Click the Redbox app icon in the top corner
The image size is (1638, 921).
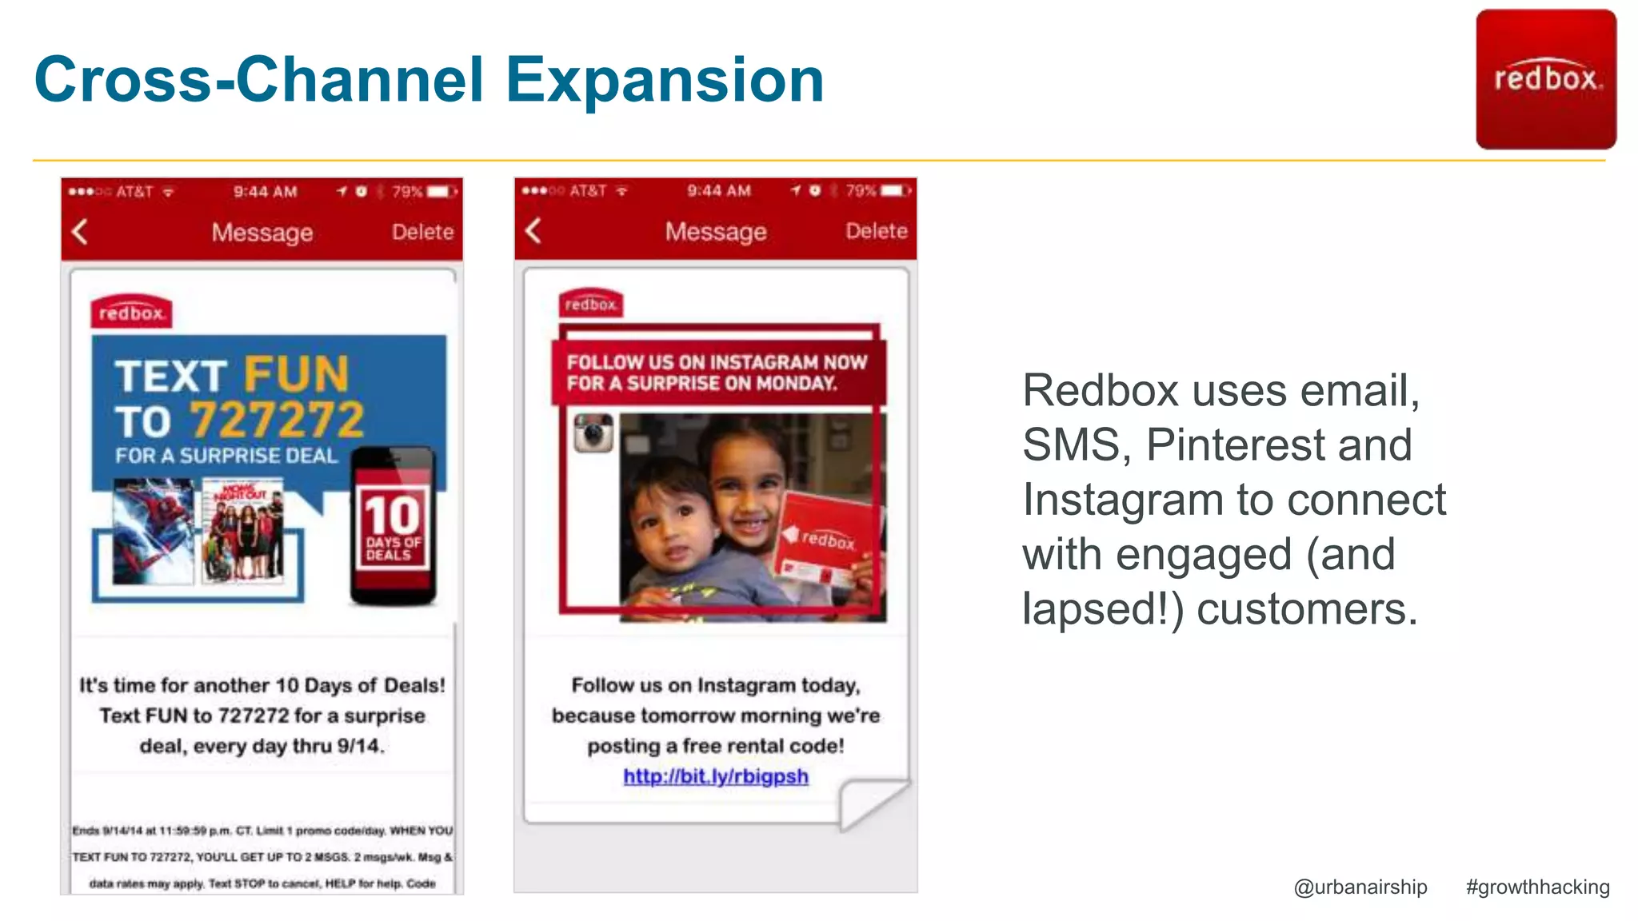click(1545, 79)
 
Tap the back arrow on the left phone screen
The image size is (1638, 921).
click(79, 232)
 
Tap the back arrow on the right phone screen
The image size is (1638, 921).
click(533, 231)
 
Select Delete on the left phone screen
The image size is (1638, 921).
click(422, 232)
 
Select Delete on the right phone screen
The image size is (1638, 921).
click(877, 231)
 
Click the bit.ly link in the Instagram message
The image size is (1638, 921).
click(716, 776)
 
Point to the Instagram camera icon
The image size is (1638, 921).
click(593, 433)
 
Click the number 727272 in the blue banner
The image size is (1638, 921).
click(277, 419)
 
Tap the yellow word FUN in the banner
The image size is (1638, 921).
click(297, 374)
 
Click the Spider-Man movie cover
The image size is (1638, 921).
click(153, 531)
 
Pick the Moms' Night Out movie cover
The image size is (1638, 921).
click(243, 531)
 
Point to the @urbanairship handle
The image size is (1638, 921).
click(1360, 887)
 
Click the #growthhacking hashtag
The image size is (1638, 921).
click(1537, 887)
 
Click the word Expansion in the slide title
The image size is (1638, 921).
click(665, 80)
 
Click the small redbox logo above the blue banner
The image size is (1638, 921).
click(131, 313)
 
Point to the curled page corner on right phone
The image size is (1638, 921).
click(872, 803)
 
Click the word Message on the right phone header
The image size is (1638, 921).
click(716, 231)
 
